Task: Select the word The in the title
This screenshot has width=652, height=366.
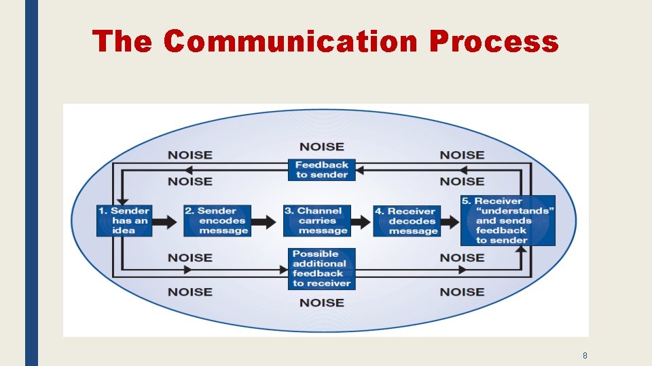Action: (x=122, y=41)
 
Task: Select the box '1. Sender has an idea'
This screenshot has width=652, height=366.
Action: (x=124, y=220)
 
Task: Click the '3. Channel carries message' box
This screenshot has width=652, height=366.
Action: (x=317, y=220)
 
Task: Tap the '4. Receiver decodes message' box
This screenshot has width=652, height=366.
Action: (x=407, y=221)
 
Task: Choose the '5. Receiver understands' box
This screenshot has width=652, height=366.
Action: (x=507, y=220)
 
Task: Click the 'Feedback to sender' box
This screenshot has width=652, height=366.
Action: (x=322, y=169)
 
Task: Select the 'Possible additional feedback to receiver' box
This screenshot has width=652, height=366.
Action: (x=322, y=268)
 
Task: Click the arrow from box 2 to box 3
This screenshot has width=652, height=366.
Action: (x=267, y=220)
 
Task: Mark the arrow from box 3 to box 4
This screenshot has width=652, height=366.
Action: (x=361, y=220)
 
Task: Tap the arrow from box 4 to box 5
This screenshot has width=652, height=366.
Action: (x=450, y=220)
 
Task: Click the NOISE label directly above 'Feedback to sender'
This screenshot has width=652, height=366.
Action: (x=322, y=146)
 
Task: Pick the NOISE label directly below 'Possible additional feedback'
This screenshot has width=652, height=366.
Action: (x=322, y=302)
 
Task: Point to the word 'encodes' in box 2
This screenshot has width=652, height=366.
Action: (x=222, y=220)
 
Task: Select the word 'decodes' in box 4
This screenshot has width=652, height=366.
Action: (x=412, y=221)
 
